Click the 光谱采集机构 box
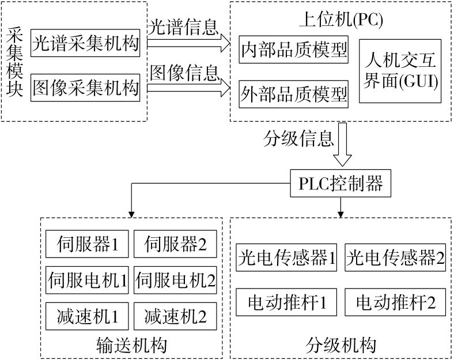[86, 44]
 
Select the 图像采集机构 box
[86, 88]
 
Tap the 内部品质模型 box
[294, 51]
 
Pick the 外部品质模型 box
[294, 92]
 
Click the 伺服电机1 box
[88, 281]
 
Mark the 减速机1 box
[88, 316]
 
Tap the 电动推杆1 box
[287, 301]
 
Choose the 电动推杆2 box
[395, 301]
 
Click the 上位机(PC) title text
[341, 20]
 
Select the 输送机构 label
[133, 346]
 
